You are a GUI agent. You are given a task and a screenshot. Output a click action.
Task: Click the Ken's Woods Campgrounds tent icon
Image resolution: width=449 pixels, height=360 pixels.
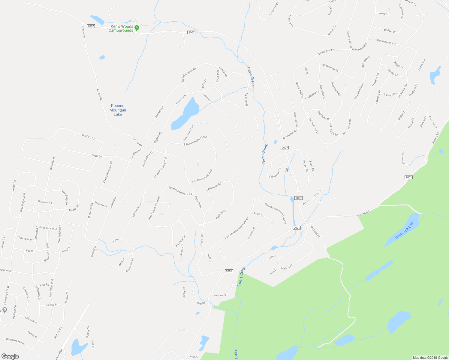[137, 28]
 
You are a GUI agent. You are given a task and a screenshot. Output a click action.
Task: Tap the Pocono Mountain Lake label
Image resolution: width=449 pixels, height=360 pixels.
[118, 110]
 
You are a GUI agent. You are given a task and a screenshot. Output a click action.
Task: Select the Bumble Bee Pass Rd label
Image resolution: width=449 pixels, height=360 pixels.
[180, 191]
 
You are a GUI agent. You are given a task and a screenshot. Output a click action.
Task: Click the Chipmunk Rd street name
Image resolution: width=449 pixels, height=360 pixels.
[214, 186]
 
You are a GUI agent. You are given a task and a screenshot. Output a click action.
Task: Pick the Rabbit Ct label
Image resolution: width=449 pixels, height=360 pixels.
[258, 214]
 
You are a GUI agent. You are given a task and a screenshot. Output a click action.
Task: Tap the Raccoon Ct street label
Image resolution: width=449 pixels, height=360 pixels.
[220, 295]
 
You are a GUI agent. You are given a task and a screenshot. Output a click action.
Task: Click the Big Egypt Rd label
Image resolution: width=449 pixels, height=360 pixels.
[315, 232]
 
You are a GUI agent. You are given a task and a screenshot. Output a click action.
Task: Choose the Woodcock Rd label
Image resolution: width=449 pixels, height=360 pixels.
[290, 134]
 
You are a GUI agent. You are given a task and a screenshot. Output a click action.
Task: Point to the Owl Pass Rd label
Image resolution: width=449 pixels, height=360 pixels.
[324, 115]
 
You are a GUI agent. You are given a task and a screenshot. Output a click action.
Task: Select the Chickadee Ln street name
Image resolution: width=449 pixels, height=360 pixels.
[312, 95]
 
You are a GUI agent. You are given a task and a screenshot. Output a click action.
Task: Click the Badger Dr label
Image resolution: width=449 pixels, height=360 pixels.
[390, 31]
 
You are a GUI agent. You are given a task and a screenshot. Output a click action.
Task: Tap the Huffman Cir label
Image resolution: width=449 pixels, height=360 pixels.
[45, 202]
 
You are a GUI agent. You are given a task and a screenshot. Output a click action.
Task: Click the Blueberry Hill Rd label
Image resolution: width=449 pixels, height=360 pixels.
[16, 341]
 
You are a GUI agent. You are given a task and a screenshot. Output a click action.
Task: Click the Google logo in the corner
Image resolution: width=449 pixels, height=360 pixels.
[10, 356]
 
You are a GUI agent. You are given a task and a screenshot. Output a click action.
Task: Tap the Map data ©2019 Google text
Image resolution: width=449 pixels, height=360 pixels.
[430, 358]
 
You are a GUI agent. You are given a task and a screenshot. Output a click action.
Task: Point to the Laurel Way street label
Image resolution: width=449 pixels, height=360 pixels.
[390, 95]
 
